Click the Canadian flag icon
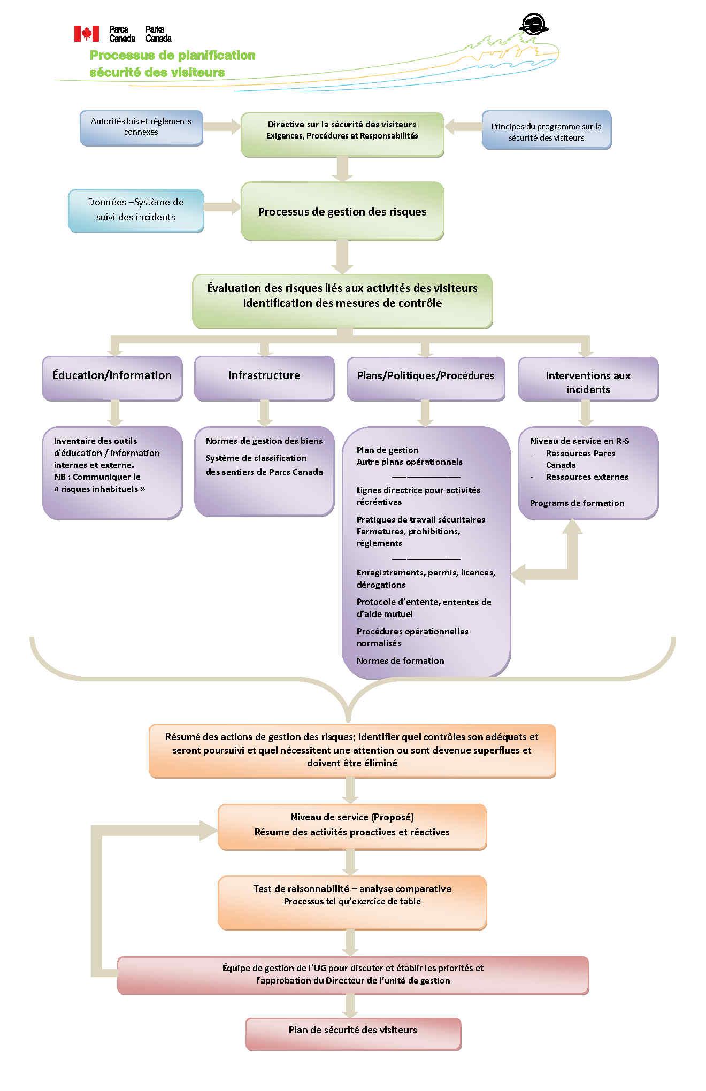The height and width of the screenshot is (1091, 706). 86,34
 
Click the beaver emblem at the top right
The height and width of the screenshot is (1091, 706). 533,25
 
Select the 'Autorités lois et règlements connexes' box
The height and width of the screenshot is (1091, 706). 141,127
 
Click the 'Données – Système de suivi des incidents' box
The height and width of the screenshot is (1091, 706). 136,210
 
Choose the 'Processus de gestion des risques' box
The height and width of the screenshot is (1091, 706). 342,211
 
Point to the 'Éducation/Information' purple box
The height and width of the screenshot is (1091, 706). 112,378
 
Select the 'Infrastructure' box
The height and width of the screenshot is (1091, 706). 264,378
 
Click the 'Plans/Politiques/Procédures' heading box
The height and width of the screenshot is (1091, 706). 426,378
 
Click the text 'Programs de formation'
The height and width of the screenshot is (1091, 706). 577,503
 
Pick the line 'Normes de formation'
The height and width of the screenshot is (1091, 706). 400,661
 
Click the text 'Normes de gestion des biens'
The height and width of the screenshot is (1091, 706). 264,441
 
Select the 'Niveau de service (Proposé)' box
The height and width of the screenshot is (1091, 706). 352,826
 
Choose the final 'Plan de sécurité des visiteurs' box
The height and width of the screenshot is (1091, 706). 353,1033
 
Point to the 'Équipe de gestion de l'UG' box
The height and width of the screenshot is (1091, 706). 353,974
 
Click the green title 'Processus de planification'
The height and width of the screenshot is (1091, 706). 172,56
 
